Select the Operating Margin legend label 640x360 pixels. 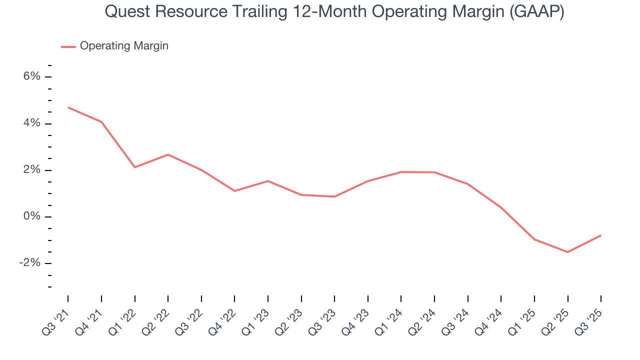pyautogui.click(x=124, y=46)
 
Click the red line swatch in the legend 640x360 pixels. pyautogui.click(x=68, y=46)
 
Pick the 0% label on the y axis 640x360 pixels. pyautogui.click(x=31, y=216)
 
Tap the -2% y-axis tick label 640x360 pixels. pyautogui.click(x=29, y=263)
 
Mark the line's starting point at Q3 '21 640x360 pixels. pyautogui.click(x=68, y=107)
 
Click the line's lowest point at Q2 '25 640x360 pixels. pyautogui.click(x=567, y=252)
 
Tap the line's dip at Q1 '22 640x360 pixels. pyautogui.click(x=134, y=167)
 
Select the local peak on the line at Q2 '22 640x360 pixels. pyautogui.click(x=168, y=154)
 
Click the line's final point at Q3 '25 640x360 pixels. pyautogui.click(x=601, y=235)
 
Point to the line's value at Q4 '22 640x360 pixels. pyautogui.click(x=234, y=191)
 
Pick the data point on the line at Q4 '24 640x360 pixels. pyautogui.click(x=501, y=207)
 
